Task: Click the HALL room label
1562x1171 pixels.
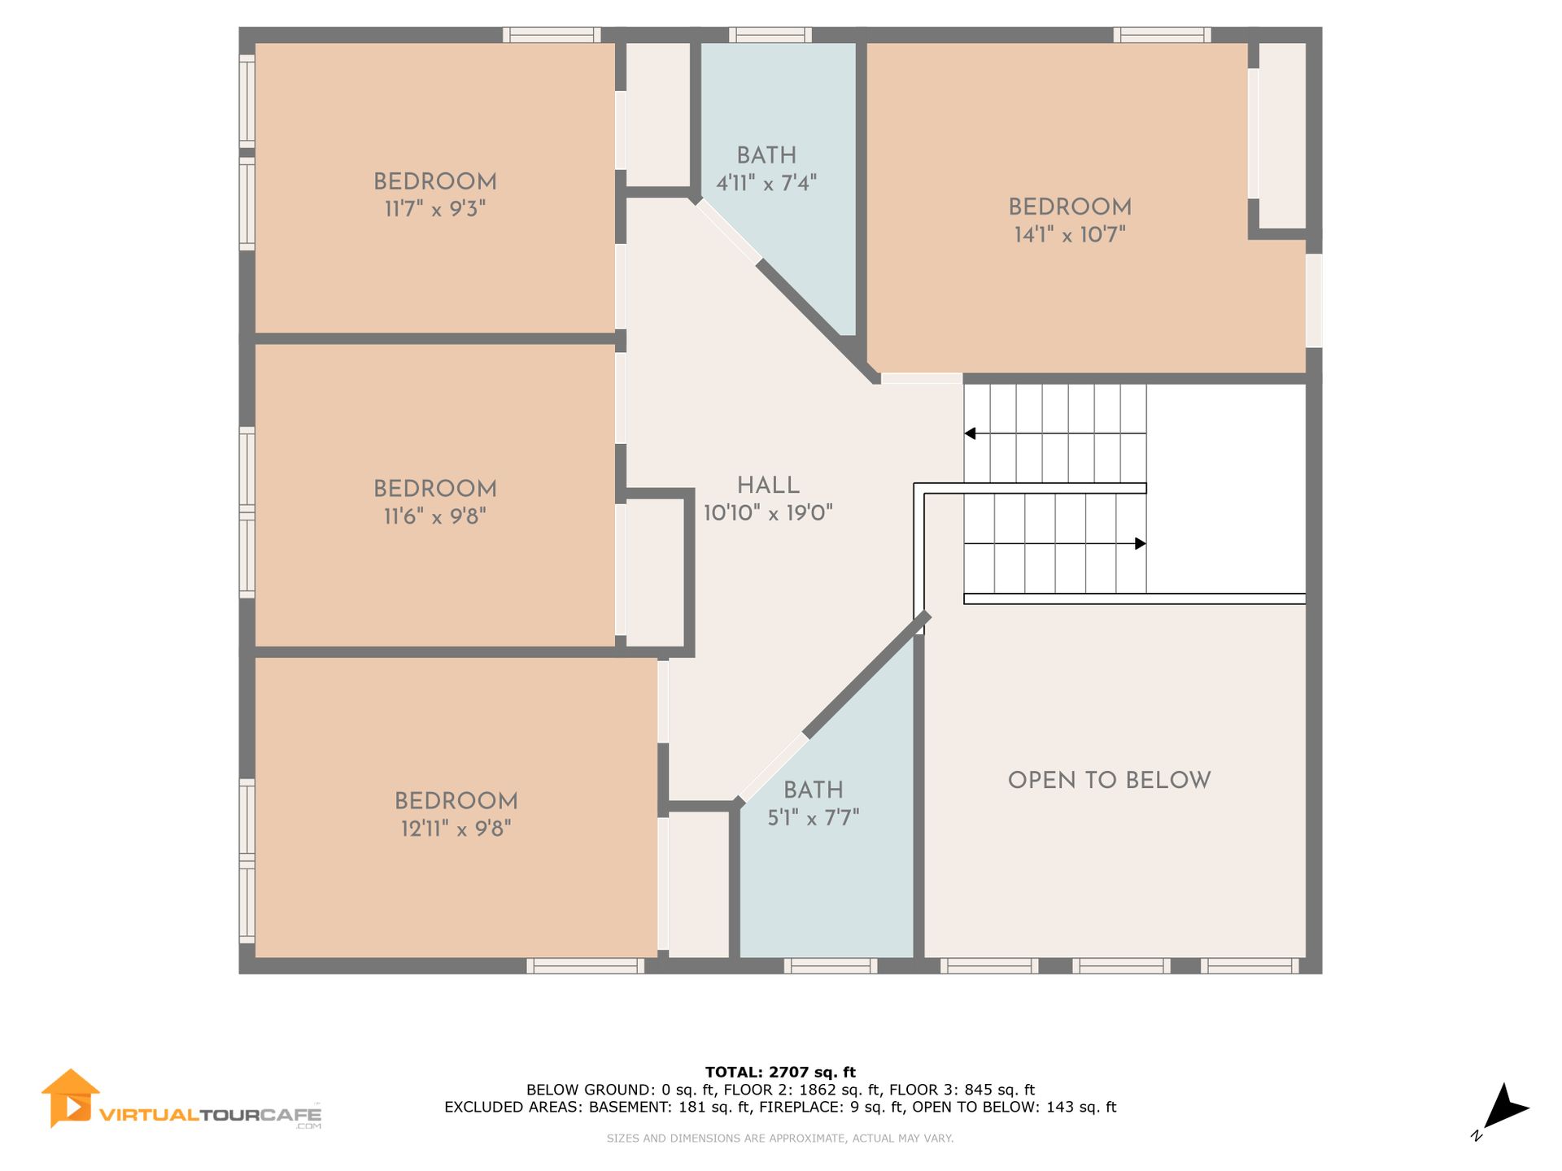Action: (x=768, y=485)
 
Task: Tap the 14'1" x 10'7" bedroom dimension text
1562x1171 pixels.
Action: (x=1070, y=235)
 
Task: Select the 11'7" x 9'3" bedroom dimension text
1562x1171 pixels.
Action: (x=435, y=209)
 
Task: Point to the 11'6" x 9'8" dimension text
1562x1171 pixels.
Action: (x=435, y=516)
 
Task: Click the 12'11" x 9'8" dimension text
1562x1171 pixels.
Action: (x=456, y=829)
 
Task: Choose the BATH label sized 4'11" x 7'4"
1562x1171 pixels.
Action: (x=766, y=155)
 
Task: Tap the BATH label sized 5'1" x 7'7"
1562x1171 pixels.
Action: (x=814, y=790)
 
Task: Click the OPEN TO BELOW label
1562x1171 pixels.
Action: (x=1110, y=781)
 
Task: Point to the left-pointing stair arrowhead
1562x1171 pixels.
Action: (x=970, y=433)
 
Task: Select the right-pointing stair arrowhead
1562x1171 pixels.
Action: (x=1141, y=543)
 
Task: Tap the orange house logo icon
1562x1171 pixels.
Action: (x=71, y=1098)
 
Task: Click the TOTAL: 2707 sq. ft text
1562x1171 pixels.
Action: (x=780, y=1073)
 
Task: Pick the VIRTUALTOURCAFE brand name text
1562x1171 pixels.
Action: (x=210, y=1114)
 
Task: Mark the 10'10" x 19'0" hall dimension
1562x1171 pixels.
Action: (x=768, y=513)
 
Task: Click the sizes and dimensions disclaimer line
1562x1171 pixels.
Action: (x=780, y=1138)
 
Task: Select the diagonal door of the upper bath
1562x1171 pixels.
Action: (x=729, y=232)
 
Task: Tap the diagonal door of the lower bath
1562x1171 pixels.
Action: (x=774, y=768)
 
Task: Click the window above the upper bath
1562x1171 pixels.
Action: (x=770, y=35)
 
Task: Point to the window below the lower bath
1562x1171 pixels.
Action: (x=831, y=966)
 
